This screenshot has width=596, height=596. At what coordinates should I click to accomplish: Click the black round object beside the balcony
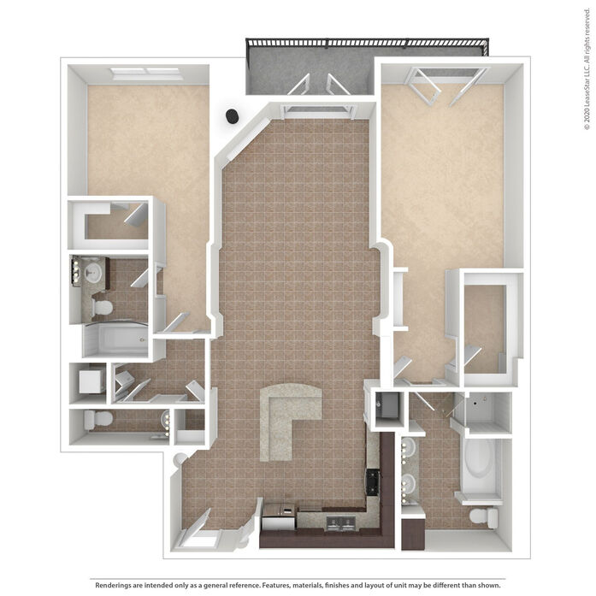pyautogui.click(x=233, y=116)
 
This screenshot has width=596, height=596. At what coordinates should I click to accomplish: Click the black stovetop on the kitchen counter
pyautogui.click(x=372, y=482)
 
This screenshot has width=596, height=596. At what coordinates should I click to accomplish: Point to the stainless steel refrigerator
pyautogui.click(x=279, y=516)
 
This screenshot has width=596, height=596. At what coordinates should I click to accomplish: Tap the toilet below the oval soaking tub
pyautogui.click(x=483, y=517)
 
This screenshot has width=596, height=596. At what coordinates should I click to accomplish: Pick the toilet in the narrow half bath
pyautogui.click(x=98, y=419)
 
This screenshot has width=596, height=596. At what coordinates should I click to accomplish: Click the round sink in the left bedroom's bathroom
pyautogui.click(x=92, y=271)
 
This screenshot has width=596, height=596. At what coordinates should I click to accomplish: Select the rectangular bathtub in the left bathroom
pyautogui.click(x=115, y=339)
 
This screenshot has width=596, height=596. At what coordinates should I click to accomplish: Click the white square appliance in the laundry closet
pyautogui.click(x=91, y=381)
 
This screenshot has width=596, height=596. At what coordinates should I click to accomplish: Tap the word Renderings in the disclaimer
pyautogui.click(x=113, y=585)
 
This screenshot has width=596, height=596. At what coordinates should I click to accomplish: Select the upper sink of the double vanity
pyautogui.click(x=409, y=447)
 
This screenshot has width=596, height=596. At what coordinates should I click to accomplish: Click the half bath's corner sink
pyautogui.click(x=165, y=420)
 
